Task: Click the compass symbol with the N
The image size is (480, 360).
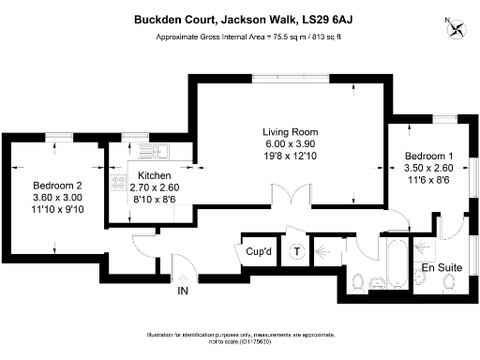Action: coord(457,26)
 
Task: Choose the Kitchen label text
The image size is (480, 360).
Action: coord(153,175)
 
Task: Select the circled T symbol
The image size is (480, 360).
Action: coord(296,251)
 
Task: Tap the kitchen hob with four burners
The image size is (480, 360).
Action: coord(119,185)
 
